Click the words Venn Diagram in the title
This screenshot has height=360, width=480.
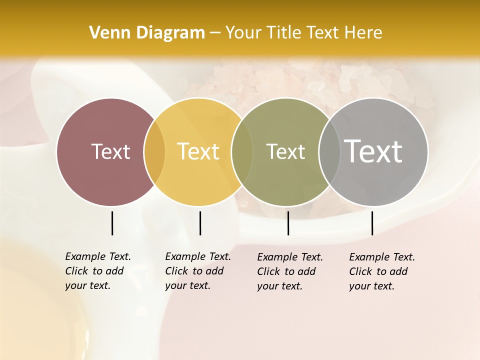point(147,33)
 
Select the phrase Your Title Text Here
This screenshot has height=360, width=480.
point(303,33)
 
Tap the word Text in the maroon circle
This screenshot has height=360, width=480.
point(110,151)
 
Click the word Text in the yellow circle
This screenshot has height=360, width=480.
point(198,151)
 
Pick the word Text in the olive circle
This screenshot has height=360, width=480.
point(285,151)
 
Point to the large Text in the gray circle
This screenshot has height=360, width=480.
point(373,151)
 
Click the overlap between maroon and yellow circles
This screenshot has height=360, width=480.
point(154,152)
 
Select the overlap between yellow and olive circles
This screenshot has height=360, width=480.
point(242,152)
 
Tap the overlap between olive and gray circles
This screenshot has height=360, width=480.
point(328,152)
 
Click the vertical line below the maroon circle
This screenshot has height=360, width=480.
point(112,223)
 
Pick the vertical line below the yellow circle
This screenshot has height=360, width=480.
point(200,223)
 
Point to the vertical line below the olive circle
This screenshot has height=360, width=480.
point(288,223)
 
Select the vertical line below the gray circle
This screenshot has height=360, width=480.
point(372,223)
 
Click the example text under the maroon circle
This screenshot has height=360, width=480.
point(98,271)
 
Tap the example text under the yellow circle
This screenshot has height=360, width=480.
point(198,271)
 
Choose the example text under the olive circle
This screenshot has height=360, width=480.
point(290,271)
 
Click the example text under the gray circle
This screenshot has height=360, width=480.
point(382,271)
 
